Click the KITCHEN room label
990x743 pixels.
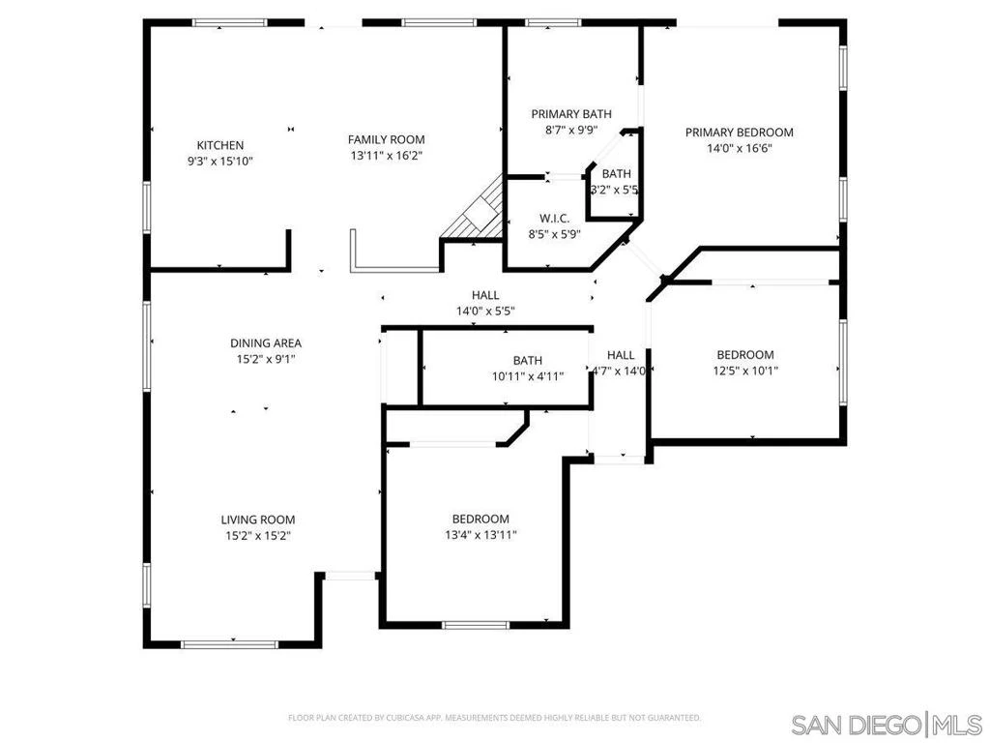pyautogui.click(x=219, y=145)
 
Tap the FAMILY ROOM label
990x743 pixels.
pyautogui.click(x=387, y=139)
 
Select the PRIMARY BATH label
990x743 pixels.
pyautogui.click(x=571, y=114)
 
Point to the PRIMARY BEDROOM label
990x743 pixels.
pyautogui.click(x=740, y=133)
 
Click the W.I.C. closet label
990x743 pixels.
pyautogui.click(x=554, y=219)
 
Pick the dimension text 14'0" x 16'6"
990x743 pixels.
pyautogui.click(x=740, y=148)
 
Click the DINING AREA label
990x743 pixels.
pyautogui.click(x=266, y=343)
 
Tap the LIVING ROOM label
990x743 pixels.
pyautogui.click(x=258, y=520)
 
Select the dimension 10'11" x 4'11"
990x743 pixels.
pyautogui.click(x=528, y=376)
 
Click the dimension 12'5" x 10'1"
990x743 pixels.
pyautogui.click(x=745, y=371)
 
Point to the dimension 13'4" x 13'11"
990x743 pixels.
pyautogui.click(x=480, y=535)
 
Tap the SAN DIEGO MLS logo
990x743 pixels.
pyautogui.click(x=887, y=724)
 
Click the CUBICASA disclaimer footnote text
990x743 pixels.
pyautogui.click(x=494, y=718)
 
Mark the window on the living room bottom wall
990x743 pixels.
pyautogui.click(x=229, y=644)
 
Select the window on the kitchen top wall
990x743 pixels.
pyautogui.click(x=230, y=23)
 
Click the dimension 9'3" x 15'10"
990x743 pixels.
pyautogui.click(x=219, y=162)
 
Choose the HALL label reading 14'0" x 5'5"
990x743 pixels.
pyautogui.click(x=485, y=303)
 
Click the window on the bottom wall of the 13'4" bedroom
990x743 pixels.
pyautogui.click(x=476, y=626)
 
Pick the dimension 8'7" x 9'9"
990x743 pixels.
pyautogui.click(x=571, y=131)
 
